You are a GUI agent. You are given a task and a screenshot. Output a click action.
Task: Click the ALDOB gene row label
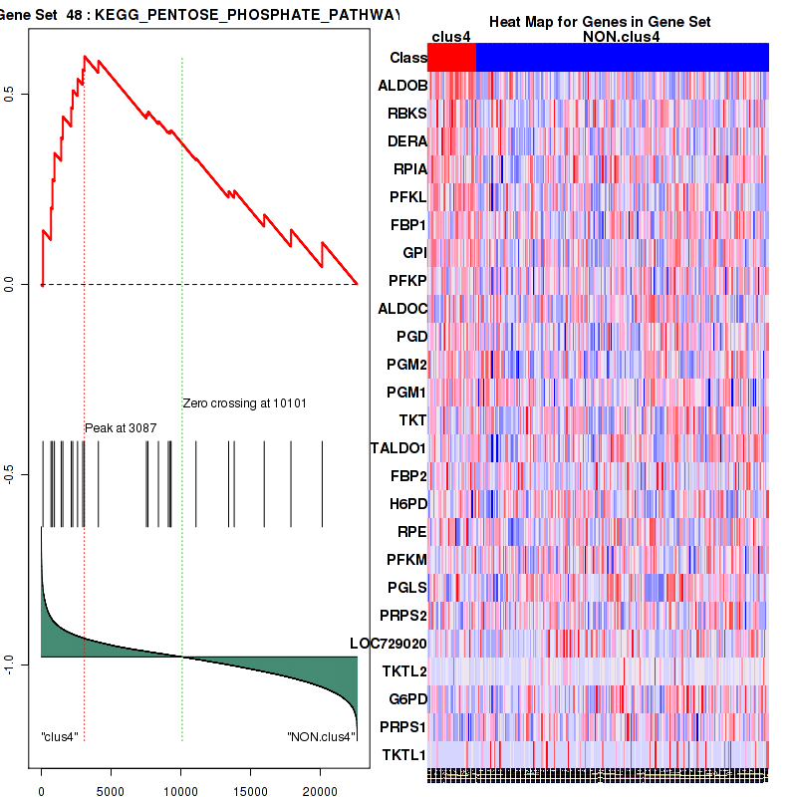click(402, 86)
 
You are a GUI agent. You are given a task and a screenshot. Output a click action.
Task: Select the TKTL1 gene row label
click(404, 755)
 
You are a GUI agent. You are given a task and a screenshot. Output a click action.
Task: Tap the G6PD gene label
click(406, 699)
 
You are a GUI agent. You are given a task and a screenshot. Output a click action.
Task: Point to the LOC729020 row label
click(388, 644)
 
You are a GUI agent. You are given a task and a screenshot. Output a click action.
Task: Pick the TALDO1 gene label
click(398, 448)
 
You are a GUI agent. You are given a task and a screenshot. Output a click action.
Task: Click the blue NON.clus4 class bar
click(622, 58)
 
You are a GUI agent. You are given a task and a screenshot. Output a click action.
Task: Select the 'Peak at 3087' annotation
click(121, 427)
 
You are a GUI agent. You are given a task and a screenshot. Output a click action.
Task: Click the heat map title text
click(600, 22)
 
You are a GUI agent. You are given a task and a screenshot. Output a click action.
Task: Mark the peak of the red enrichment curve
click(85, 57)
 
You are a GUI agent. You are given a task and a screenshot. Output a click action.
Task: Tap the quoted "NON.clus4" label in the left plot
click(321, 737)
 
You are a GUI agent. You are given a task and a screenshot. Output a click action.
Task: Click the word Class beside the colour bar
click(408, 58)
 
